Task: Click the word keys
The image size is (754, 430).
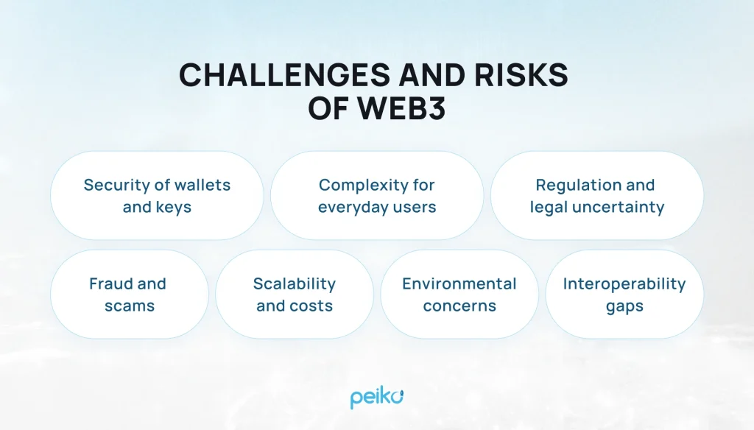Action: tap(174, 208)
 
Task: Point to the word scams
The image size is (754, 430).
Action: tap(129, 306)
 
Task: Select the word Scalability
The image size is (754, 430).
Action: tap(295, 283)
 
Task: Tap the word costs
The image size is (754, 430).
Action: tap(312, 306)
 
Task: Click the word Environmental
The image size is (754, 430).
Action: tap(459, 283)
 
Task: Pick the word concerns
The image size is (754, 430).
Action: tap(459, 306)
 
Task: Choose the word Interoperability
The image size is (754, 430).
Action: tap(624, 283)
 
